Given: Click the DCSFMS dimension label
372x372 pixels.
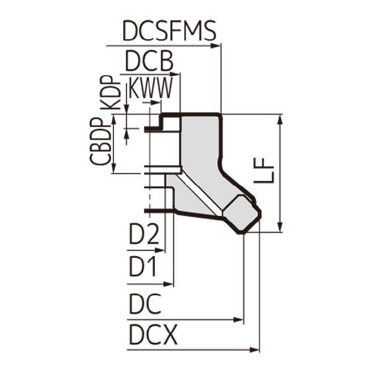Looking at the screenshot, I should click(169, 31).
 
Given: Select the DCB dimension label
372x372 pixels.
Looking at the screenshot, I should click(148, 62).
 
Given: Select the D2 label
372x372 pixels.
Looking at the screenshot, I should click(144, 236).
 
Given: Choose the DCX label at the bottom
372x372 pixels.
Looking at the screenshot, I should click(153, 336).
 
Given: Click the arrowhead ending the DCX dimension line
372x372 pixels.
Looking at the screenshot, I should click(255, 350).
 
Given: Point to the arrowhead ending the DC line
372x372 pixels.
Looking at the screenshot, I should click(239, 320).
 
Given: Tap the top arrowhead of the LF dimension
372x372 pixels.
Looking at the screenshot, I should click(281, 118).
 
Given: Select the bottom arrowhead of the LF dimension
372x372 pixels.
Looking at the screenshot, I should click(281, 228).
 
